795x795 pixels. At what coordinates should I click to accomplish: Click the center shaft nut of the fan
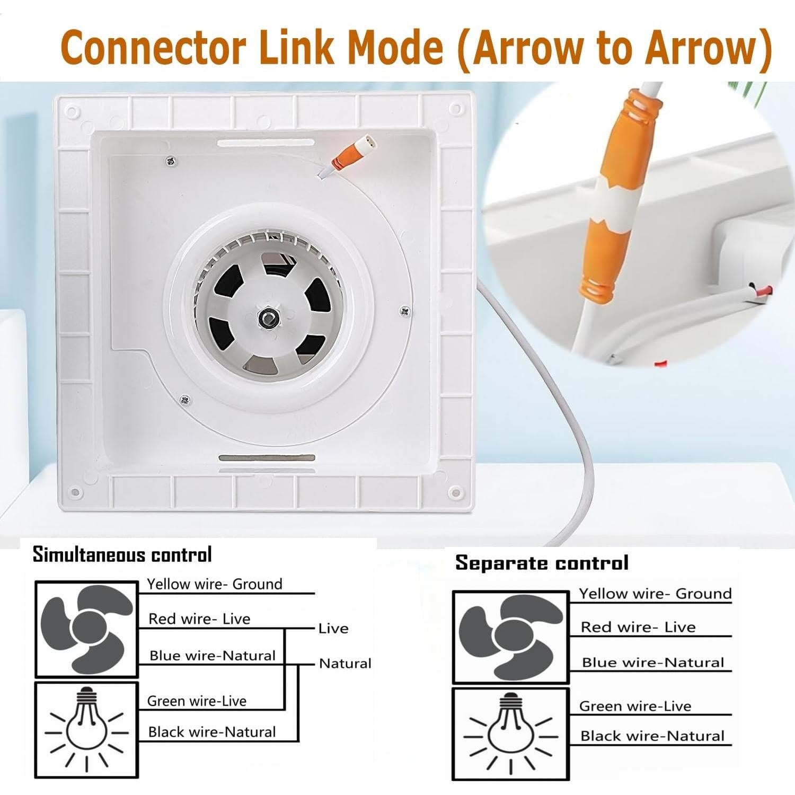click(x=266, y=318)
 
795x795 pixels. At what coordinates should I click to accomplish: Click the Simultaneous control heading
click(x=122, y=554)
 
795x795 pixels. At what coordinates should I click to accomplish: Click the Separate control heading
click(x=542, y=563)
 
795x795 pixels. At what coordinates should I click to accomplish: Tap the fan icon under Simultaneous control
click(x=86, y=629)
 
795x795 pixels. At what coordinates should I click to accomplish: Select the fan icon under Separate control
click(x=510, y=637)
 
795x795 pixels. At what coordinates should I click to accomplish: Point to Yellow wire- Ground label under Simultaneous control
click(x=215, y=584)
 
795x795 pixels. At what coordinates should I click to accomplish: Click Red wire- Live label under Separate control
click(x=638, y=628)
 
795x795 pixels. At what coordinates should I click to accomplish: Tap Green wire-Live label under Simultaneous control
click(x=197, y=701)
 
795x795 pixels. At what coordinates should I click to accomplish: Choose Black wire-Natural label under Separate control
click(x=652, y=736)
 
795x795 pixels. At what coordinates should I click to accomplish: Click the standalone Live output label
click(x=333, y=629)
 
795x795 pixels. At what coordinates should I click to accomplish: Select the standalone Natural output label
click(x=345, y=664)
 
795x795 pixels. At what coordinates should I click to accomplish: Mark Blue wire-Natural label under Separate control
click(x=652, y=662)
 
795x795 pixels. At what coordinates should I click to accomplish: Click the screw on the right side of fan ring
click(x=404, y=311)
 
